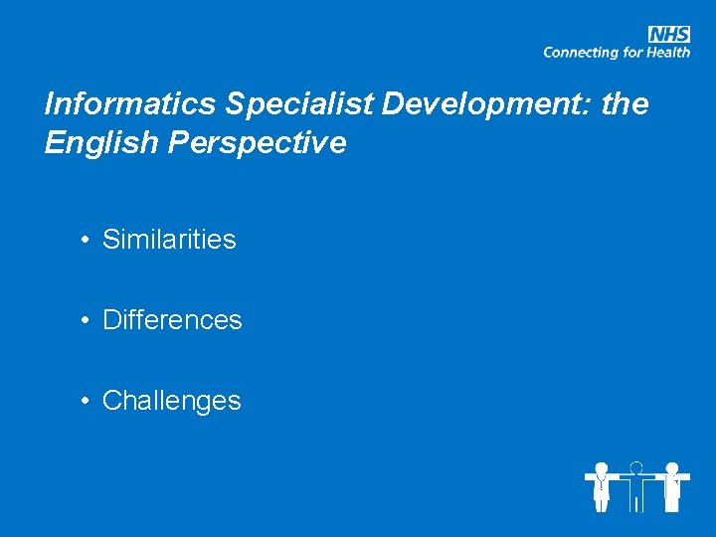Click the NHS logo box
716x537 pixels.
(669, 34)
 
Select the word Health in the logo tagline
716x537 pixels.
(667, 53)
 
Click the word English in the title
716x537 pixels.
(100, 143)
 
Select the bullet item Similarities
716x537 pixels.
(169, 240)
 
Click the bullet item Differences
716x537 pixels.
(172, 320)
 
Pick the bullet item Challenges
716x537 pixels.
(171, 401)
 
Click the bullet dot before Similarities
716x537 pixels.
(89, 240)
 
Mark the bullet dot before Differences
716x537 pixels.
(89, 320)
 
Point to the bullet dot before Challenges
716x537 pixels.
(89, 401)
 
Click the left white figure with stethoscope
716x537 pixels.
(601, 487)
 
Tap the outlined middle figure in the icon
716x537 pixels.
(636, 489)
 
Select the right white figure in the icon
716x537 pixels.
(672, 487)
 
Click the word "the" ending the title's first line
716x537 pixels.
(625, 104)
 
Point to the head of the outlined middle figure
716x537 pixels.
(636, 466)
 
